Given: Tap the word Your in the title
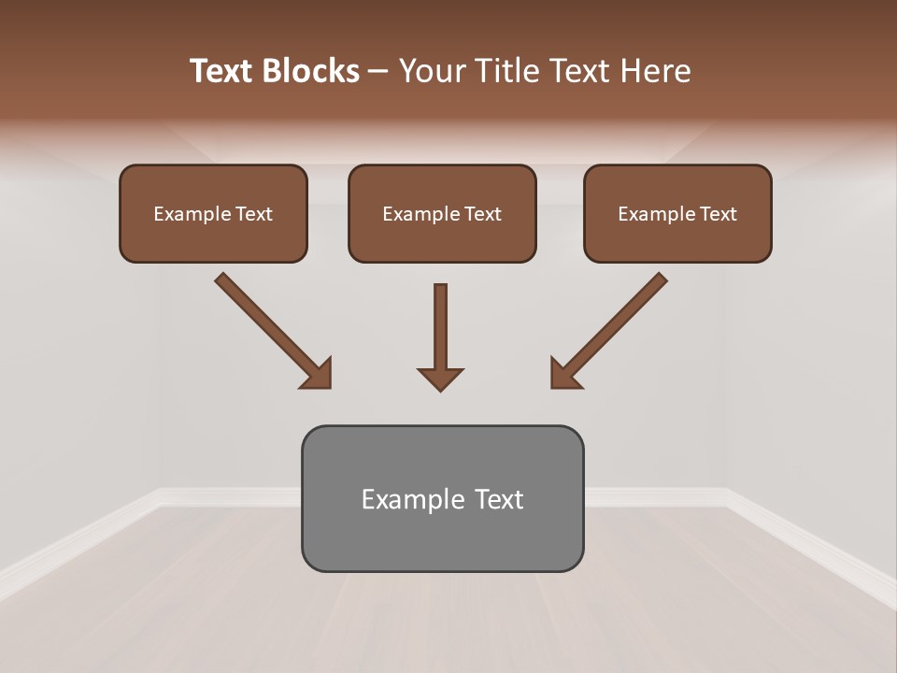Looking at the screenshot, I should [432, 71].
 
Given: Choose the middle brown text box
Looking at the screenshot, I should [442, 239].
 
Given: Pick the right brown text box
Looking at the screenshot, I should [677, 239].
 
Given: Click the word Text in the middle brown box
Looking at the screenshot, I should [483, 214].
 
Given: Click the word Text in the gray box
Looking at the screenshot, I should [500, 500].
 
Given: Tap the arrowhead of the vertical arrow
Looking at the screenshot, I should [440, 378].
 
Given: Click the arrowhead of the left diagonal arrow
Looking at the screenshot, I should [318, 374].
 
